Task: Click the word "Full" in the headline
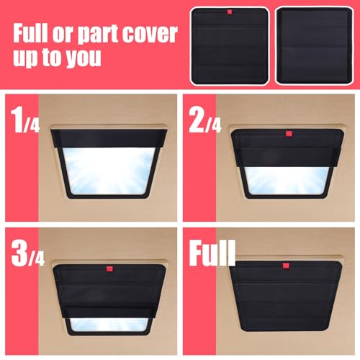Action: pyautogui.click(x=30, y=33)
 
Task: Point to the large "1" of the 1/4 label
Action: pyautogui.click(x=17, y=120)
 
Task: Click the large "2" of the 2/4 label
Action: pyautogui.click(x=197, y=120)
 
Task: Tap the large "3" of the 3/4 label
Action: pyautogui.click(x=19, y=253)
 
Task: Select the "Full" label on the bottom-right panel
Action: pyautogui.click(x=212, y=253)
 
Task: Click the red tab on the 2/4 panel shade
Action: pyautogui.click(x=289, y=134)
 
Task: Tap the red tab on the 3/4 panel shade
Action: pyautogui.click(x=110, y=269)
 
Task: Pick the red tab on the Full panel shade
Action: pyautogui.click(x=286, y=266)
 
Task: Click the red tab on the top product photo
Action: pyautogui.click(x=230, y=12)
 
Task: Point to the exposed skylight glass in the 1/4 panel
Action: pyautogui.click(x=109, y=171)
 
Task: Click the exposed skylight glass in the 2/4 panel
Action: pyautogui.click(x=287, y=181)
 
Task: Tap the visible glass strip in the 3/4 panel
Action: pyautogui.click(x=109, y=325)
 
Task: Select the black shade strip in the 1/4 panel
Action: pyautogui.click(x=109, y=138)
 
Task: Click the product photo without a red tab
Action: pyautogui.click(x=314, y=45)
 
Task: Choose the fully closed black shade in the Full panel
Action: pyautogui.click(x=286, y=297)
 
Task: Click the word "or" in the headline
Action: pyautogui.click(x=63, y=35)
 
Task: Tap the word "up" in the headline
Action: pyautogui.click(x=26, y=59)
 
